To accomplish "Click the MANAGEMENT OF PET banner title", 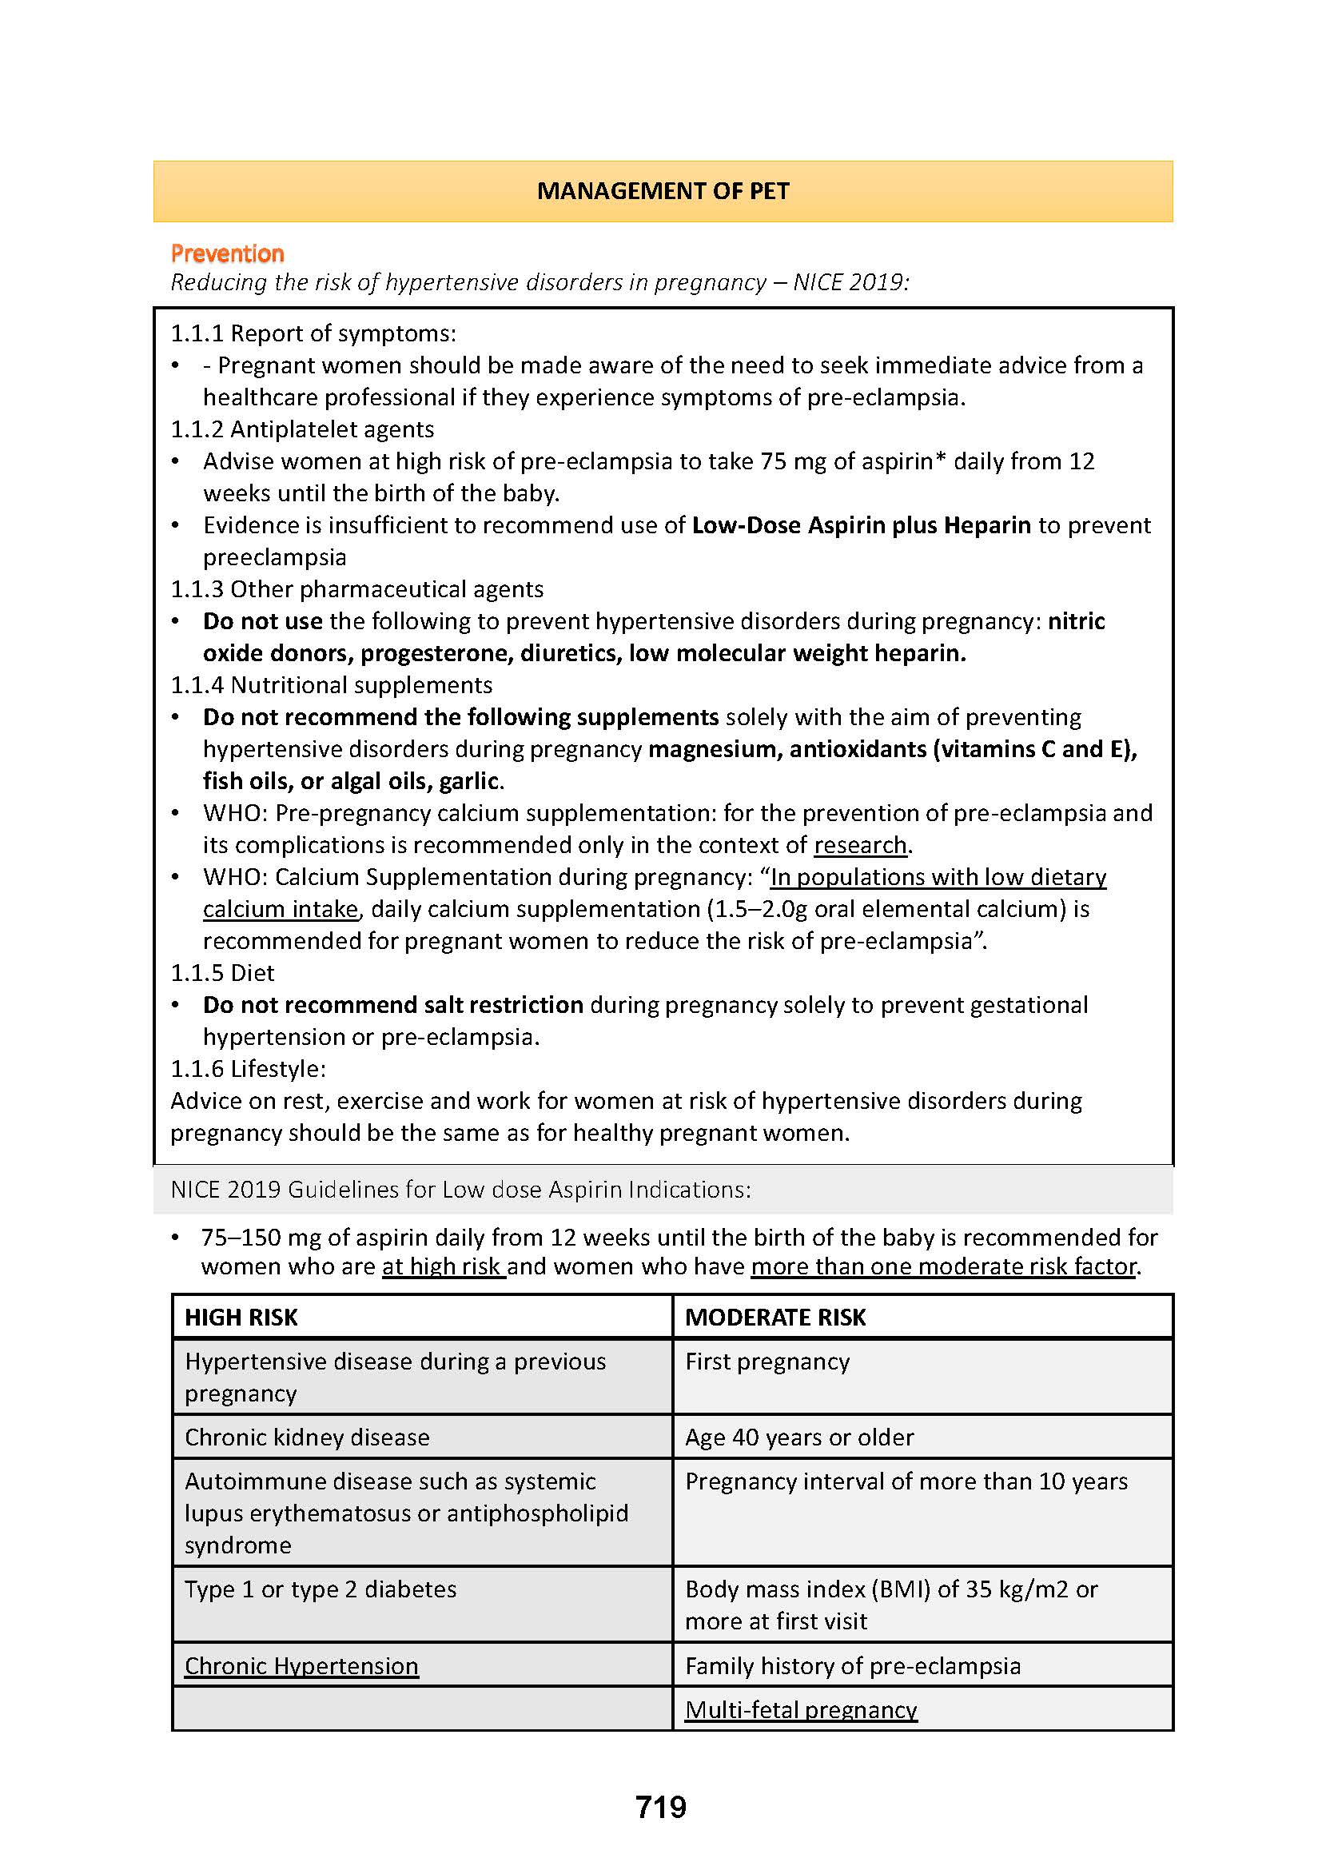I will [663, 191].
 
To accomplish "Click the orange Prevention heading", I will [227, 254].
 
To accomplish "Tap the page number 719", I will [661, 1807].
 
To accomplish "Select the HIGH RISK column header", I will [241, 1317].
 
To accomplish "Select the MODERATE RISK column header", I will [775, 1317].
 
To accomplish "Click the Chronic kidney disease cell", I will [307, 1437].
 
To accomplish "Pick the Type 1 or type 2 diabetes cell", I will [320, 1589].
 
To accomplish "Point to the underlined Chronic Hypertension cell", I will [301, 1665].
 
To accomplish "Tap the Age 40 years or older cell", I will [798, 1437].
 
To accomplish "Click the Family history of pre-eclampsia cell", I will [852, 1665].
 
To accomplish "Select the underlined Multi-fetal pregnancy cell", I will [800, 1709].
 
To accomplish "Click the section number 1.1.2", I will [196, 429].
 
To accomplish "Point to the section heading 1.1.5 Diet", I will [222, 972].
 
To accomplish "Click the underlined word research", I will [860, 844].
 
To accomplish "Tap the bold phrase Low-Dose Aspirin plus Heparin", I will [862, 525].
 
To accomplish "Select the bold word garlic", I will [468, 781].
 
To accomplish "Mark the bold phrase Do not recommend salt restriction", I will [392, 1004].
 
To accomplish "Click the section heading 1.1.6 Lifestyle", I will [248, 1069].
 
